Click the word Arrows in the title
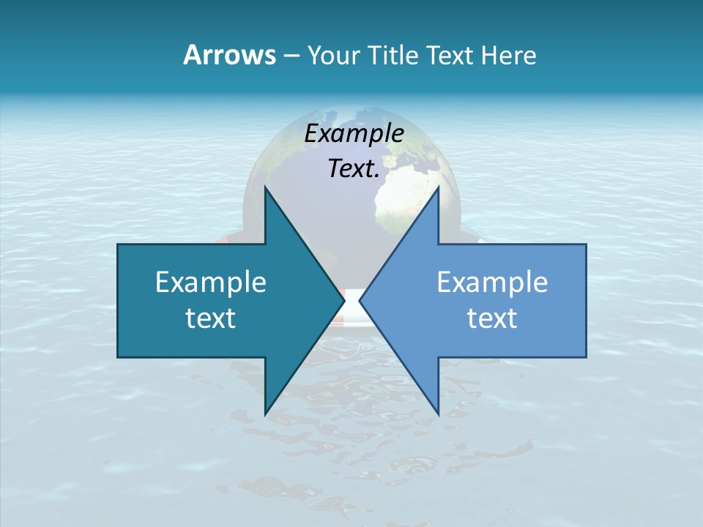point(229,55)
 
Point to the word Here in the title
point(508,55)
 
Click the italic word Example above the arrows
point(354,133)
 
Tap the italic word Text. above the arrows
point(354,168)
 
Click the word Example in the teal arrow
point(211,282)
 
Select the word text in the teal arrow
point(211,318)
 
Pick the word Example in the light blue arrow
point(492,282)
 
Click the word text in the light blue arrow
point(492,318)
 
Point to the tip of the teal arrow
point(343,300)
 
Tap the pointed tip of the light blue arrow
point(360,300)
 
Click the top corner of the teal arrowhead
point(265,187)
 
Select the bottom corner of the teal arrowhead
point(265,414)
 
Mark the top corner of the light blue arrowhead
point(438,187)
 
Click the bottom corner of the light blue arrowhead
point(438,414)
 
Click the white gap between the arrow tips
point(351,300)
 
